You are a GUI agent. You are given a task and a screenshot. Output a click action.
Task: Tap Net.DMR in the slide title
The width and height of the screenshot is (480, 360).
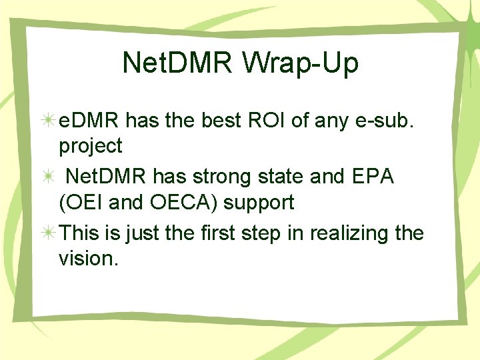tap(175, 63)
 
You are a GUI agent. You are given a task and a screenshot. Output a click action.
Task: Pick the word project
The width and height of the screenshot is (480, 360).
tap(91, 145)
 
